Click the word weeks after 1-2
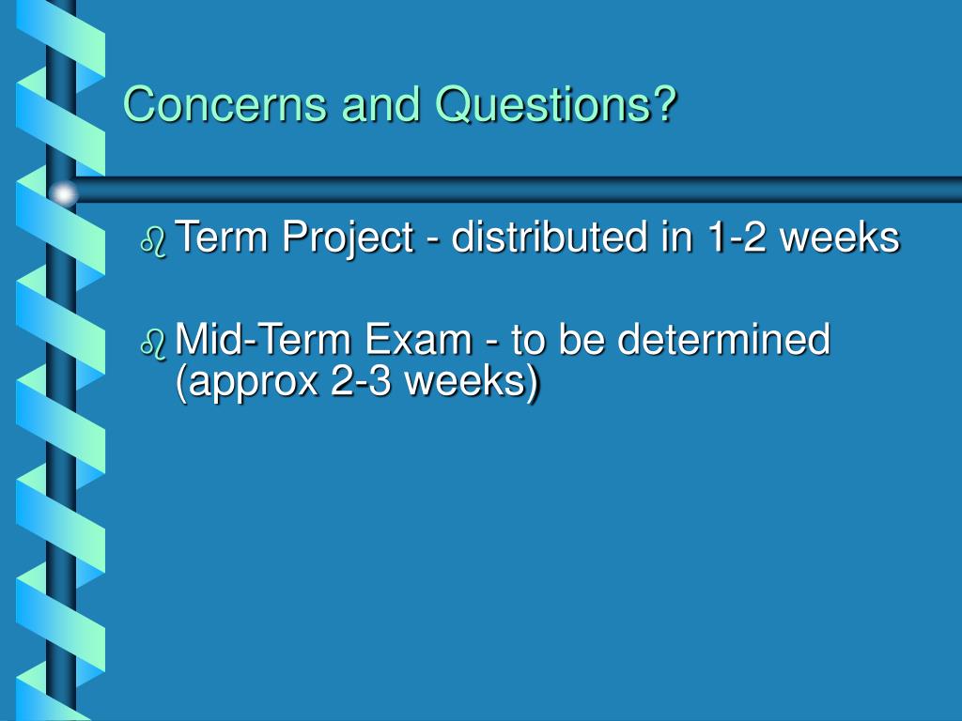tap(840, 238)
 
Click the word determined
tap(723, 340)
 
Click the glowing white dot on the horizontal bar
tap(63, 194)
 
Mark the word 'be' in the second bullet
tap(582, 340)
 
